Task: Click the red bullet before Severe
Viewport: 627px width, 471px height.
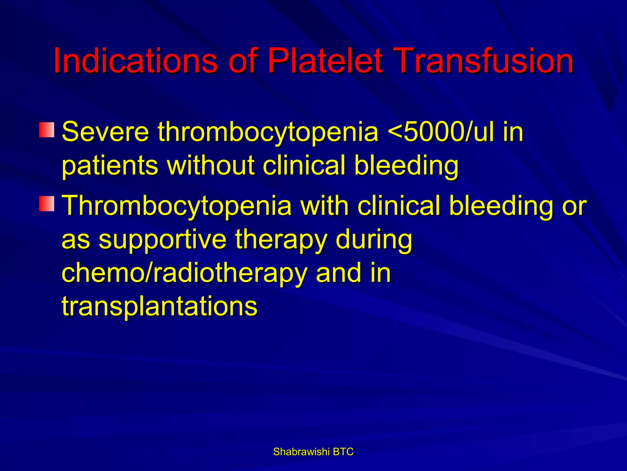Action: (47, 130)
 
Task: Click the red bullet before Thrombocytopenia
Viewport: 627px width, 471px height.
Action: (47, 204)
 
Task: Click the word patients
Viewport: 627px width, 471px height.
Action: (110, 166)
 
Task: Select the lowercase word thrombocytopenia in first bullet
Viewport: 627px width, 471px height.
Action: (268, 132)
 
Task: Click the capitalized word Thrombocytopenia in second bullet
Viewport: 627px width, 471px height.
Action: (177, 206)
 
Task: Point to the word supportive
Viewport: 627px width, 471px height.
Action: (162, 240)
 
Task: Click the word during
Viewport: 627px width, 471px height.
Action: (374, 240)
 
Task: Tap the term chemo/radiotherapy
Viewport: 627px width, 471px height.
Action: (184, 274)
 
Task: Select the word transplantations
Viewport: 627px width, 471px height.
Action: (160, 307)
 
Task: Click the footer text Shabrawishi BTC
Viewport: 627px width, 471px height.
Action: (313, 452)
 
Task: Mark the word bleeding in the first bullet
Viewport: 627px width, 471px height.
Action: (406, 166)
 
